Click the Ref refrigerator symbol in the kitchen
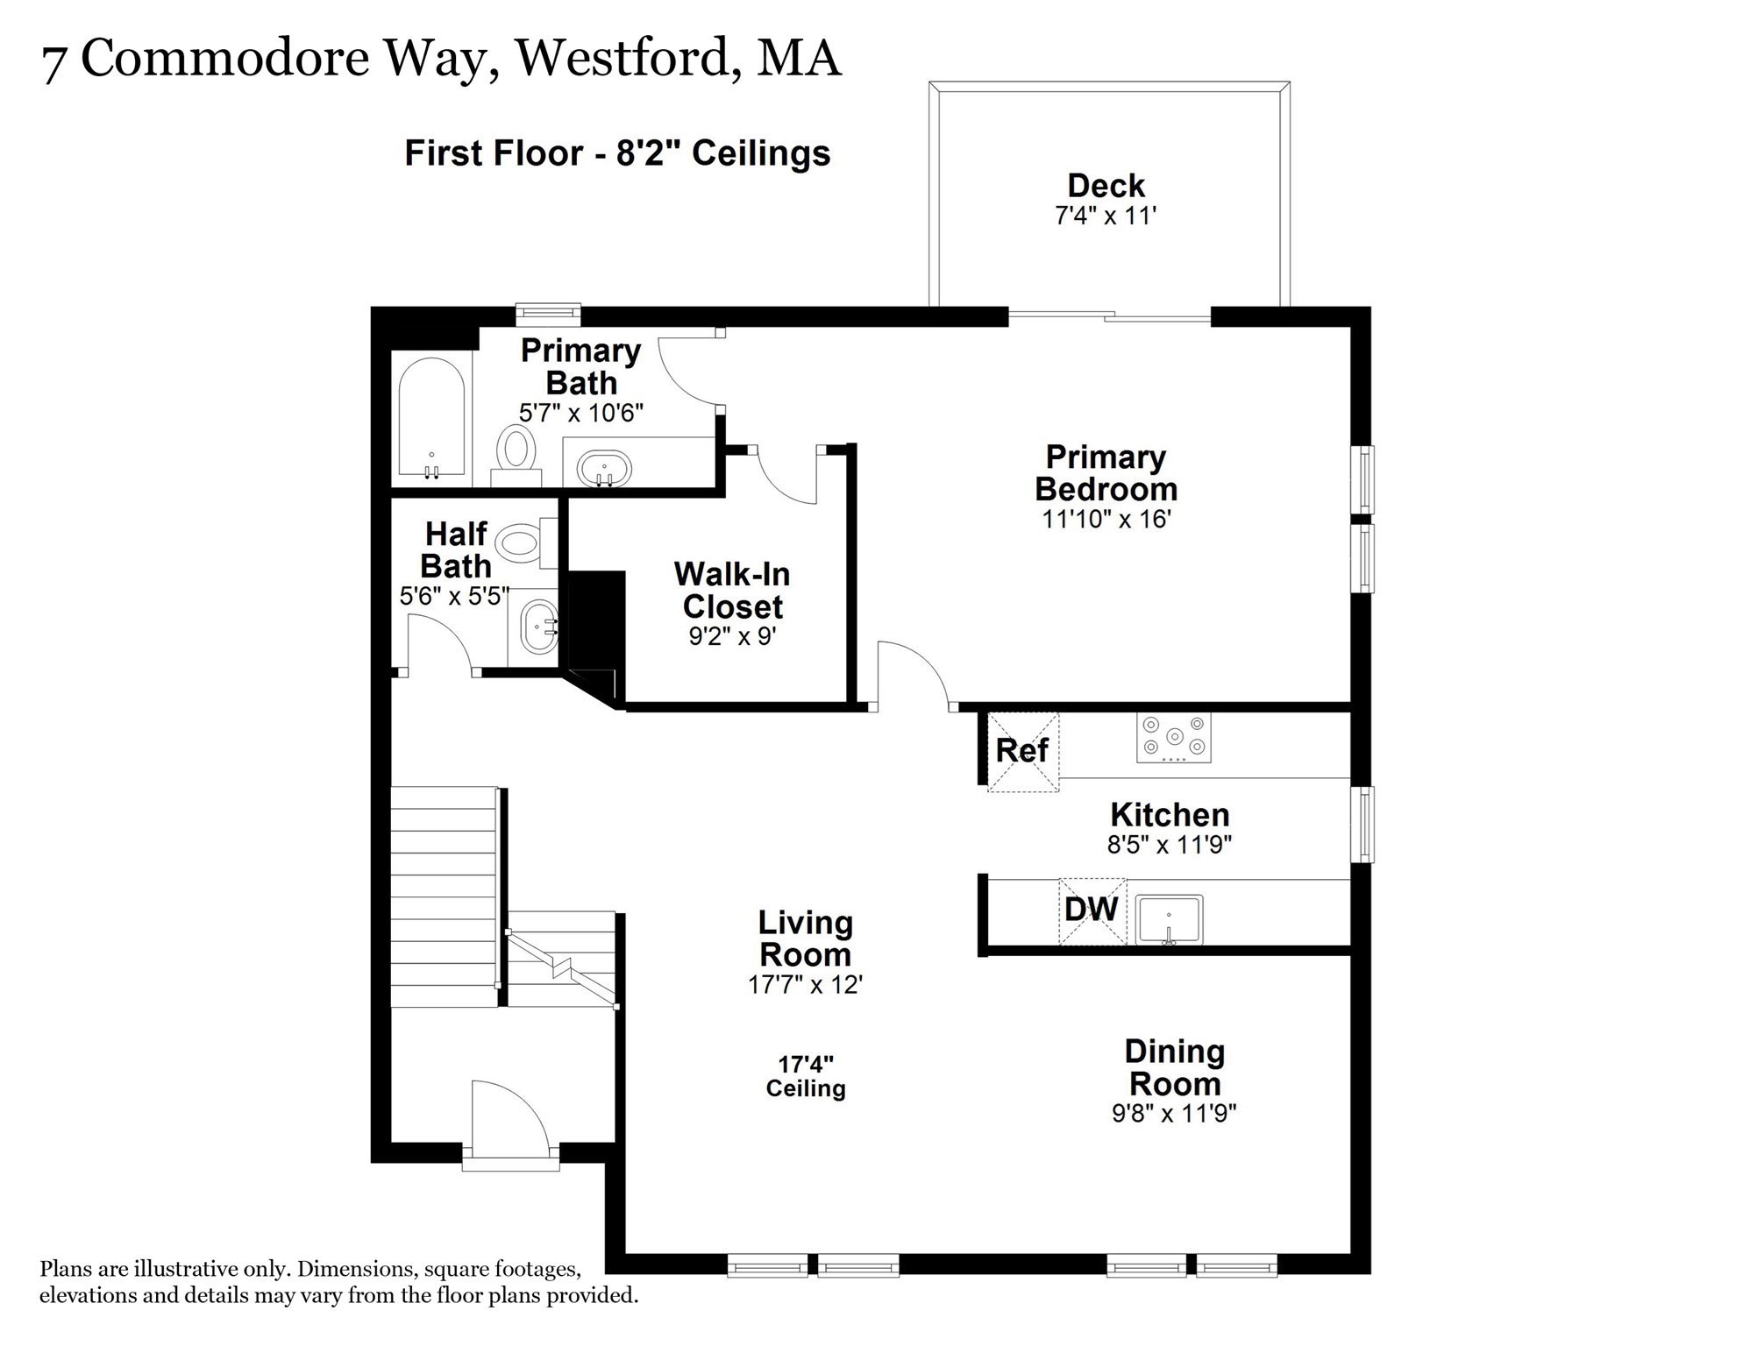click(1023, 752)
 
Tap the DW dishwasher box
click(1092, 911)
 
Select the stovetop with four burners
click(1174, 737)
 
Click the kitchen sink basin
click(1169, 919)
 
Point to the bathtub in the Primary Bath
click(431, 419)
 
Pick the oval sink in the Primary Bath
click(604, 469)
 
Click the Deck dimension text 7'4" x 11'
click(1106, 216)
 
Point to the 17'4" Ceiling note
click(806, 1076)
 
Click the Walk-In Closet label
click(732, 591)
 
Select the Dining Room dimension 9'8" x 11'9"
click(1174, 1113)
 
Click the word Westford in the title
click(623, 59)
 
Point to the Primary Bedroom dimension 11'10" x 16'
click(1106, 519)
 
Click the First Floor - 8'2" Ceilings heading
click(617, 153)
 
